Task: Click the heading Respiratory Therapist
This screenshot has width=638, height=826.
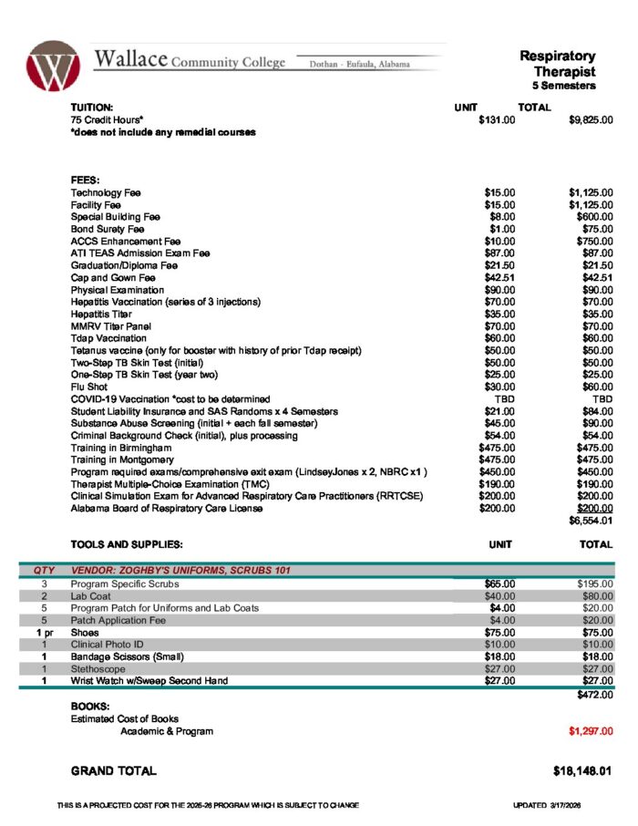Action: [x=558, y=64]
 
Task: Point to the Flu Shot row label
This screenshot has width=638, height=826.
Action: [x=89, y=387]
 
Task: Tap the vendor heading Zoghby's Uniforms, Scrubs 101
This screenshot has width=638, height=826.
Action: [x=180, y=571]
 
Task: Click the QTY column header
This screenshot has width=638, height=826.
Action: [x=44, y=571]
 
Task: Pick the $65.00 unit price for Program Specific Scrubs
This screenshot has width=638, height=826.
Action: [x=499, y=583]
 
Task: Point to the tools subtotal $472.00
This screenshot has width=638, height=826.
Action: [x=595, y=696]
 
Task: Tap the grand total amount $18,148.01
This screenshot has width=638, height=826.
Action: [x=581, y=771]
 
